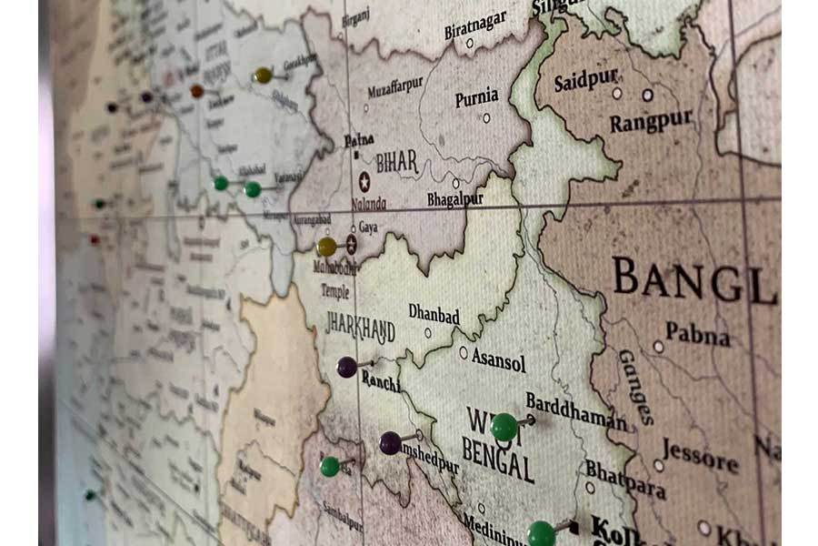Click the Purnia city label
[476, 96]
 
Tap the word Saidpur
[586, 80]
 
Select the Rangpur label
[651, 120]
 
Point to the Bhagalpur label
[454, 198]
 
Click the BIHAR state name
[397, 162]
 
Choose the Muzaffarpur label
[395, 87]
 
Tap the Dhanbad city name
[434, 314]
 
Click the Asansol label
[498, 361]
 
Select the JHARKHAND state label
[361, 328]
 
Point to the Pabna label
[697, 333]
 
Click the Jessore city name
[700, 454]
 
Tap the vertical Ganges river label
[635, 386]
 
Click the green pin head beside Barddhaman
[504, 426]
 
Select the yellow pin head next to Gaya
[326, 247]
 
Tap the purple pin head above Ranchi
[347, 367]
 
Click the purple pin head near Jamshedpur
[390, 442]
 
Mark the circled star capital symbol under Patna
[364, 181]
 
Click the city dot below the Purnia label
[486, 117]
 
